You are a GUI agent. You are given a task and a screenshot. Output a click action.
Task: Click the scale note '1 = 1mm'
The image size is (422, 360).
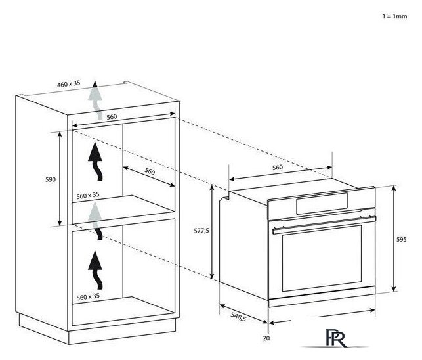394,16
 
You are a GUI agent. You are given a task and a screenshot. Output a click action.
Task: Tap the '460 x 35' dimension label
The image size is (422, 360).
69,84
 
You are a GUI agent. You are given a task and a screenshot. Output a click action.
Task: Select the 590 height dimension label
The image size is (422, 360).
51,179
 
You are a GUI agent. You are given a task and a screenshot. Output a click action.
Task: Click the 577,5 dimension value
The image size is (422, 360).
201,231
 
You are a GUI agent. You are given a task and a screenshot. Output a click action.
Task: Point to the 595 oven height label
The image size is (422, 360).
401,239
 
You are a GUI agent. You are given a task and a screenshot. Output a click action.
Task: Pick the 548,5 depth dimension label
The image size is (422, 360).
238,317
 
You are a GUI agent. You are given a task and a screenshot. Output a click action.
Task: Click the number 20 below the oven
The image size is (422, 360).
266,338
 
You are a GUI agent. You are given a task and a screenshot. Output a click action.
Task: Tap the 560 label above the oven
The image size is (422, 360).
278,168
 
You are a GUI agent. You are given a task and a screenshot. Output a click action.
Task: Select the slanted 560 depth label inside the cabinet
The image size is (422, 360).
150,171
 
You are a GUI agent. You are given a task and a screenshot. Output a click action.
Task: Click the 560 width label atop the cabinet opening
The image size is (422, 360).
112,117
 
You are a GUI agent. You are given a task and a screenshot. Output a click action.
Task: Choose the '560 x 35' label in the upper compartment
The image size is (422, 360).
88,195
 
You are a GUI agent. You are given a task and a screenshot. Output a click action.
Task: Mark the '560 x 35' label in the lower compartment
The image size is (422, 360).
88,297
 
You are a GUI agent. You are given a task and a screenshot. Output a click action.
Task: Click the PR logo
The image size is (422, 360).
335,338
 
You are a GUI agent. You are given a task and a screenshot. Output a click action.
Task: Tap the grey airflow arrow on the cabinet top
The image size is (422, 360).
95,100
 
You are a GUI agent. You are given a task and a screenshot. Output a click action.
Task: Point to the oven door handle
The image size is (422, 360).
324,224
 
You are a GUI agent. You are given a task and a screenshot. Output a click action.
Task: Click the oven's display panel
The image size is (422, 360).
322,204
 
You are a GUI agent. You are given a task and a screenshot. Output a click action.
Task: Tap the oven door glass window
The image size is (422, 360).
322,258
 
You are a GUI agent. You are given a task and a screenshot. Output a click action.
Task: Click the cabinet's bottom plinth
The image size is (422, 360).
97,330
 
